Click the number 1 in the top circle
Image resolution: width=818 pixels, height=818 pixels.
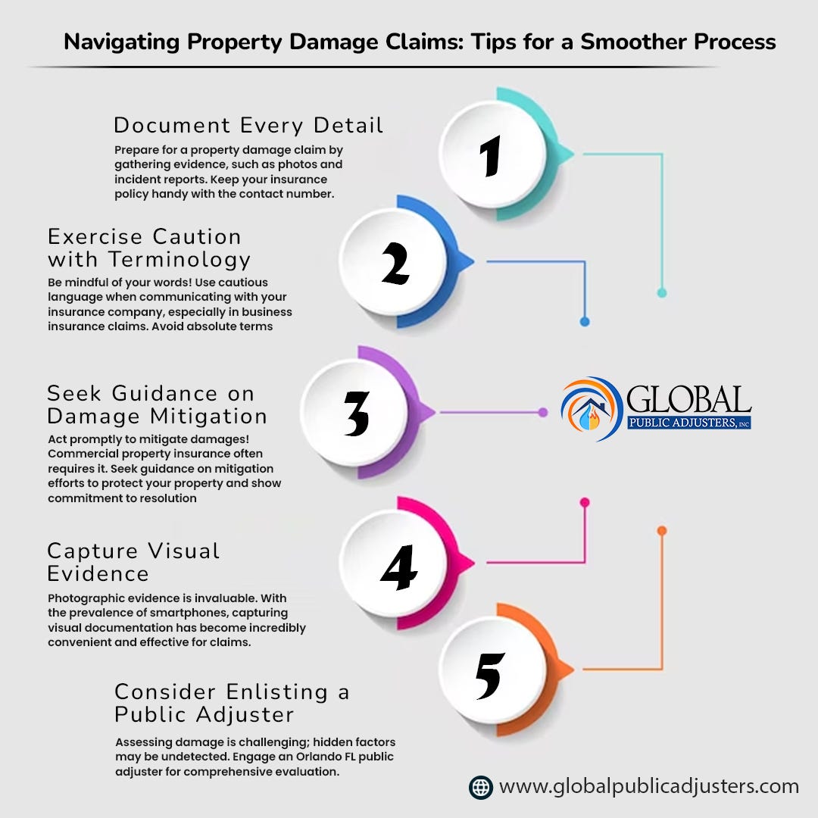[492, 157]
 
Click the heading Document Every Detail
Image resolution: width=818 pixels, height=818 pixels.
[248, 125]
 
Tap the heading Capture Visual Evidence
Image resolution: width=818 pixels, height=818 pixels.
[133, 561]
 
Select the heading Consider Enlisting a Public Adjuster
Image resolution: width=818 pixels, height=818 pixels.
[232, 703]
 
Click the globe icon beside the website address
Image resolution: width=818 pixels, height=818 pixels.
[480, 787]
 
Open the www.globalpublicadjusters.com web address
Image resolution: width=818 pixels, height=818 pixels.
[649, 787]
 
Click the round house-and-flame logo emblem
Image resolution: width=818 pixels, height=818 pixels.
[592, 409]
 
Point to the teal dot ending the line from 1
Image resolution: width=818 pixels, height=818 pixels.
[662, 292]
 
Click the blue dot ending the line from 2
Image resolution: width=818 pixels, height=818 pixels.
[585, 321]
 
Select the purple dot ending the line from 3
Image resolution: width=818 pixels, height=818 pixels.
[542, 413]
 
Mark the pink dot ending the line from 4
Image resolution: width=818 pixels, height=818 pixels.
[585, 502]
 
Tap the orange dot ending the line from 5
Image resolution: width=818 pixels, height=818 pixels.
[662, 531]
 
